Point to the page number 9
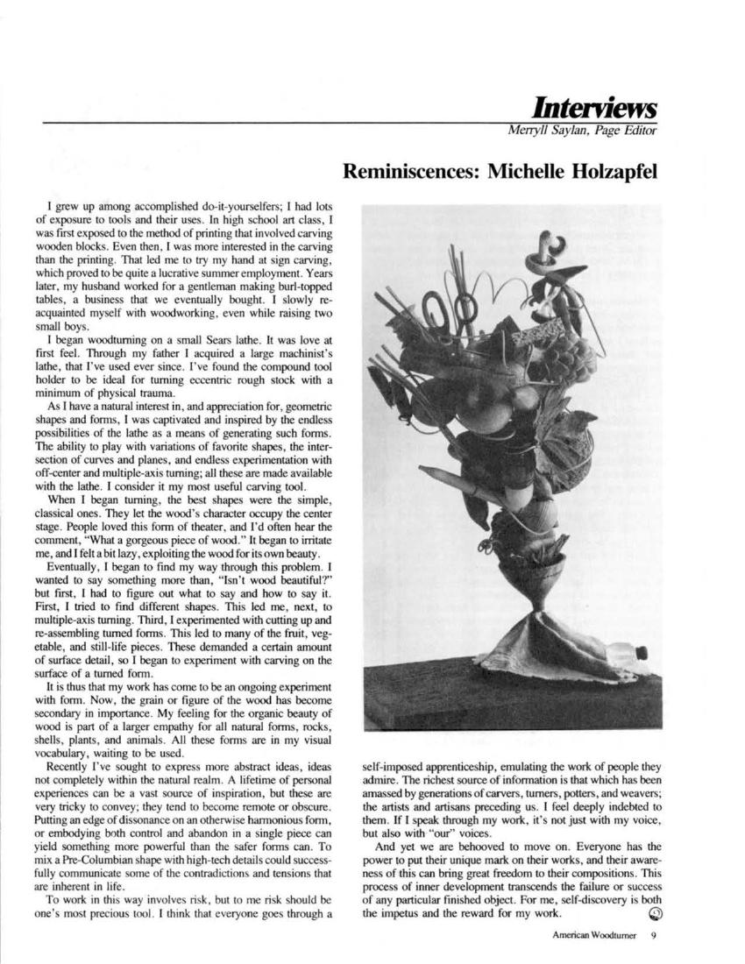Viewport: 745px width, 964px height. pyautogui.click(x=654, y=935)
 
